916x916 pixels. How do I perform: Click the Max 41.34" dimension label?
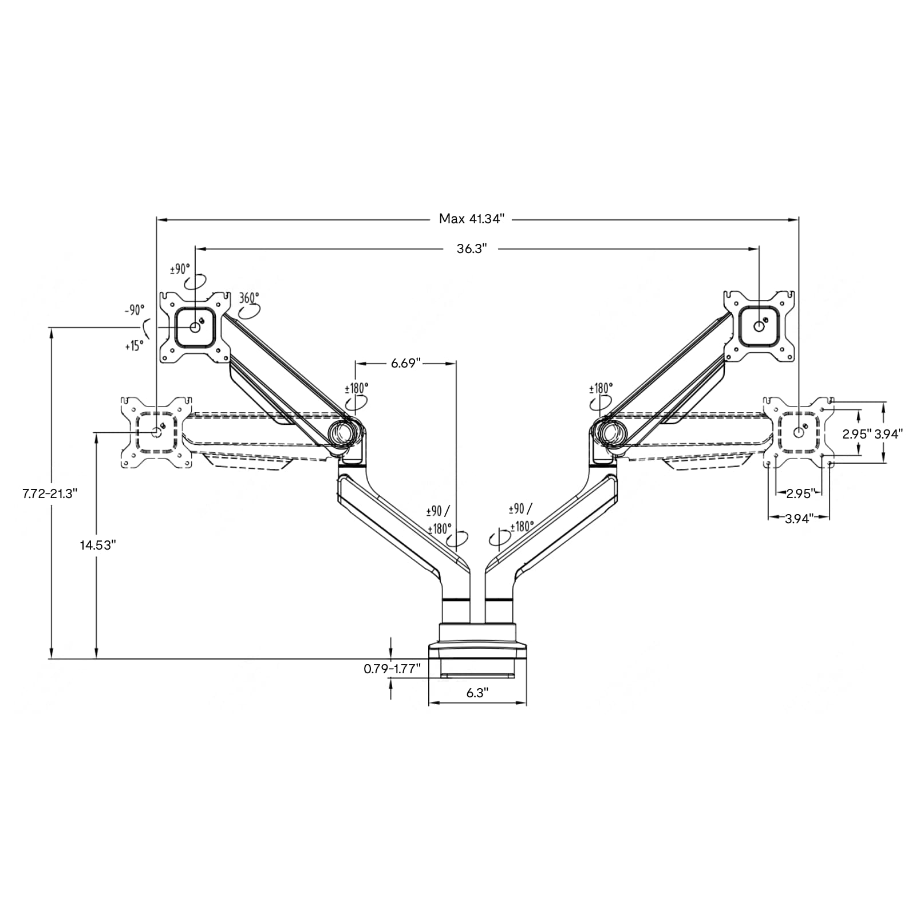(472, 219)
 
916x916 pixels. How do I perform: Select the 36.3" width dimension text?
(472, 248)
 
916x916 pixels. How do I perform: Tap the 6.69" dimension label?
(406, 363)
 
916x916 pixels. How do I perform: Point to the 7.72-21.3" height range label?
(49, 493)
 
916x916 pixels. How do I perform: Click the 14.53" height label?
(98, 545)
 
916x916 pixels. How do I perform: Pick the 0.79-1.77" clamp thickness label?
(392, 668)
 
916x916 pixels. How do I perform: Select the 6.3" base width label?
(477, 693)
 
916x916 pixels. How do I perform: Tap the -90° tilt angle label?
(135, 310)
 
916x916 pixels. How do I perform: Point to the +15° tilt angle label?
(134, 346)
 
